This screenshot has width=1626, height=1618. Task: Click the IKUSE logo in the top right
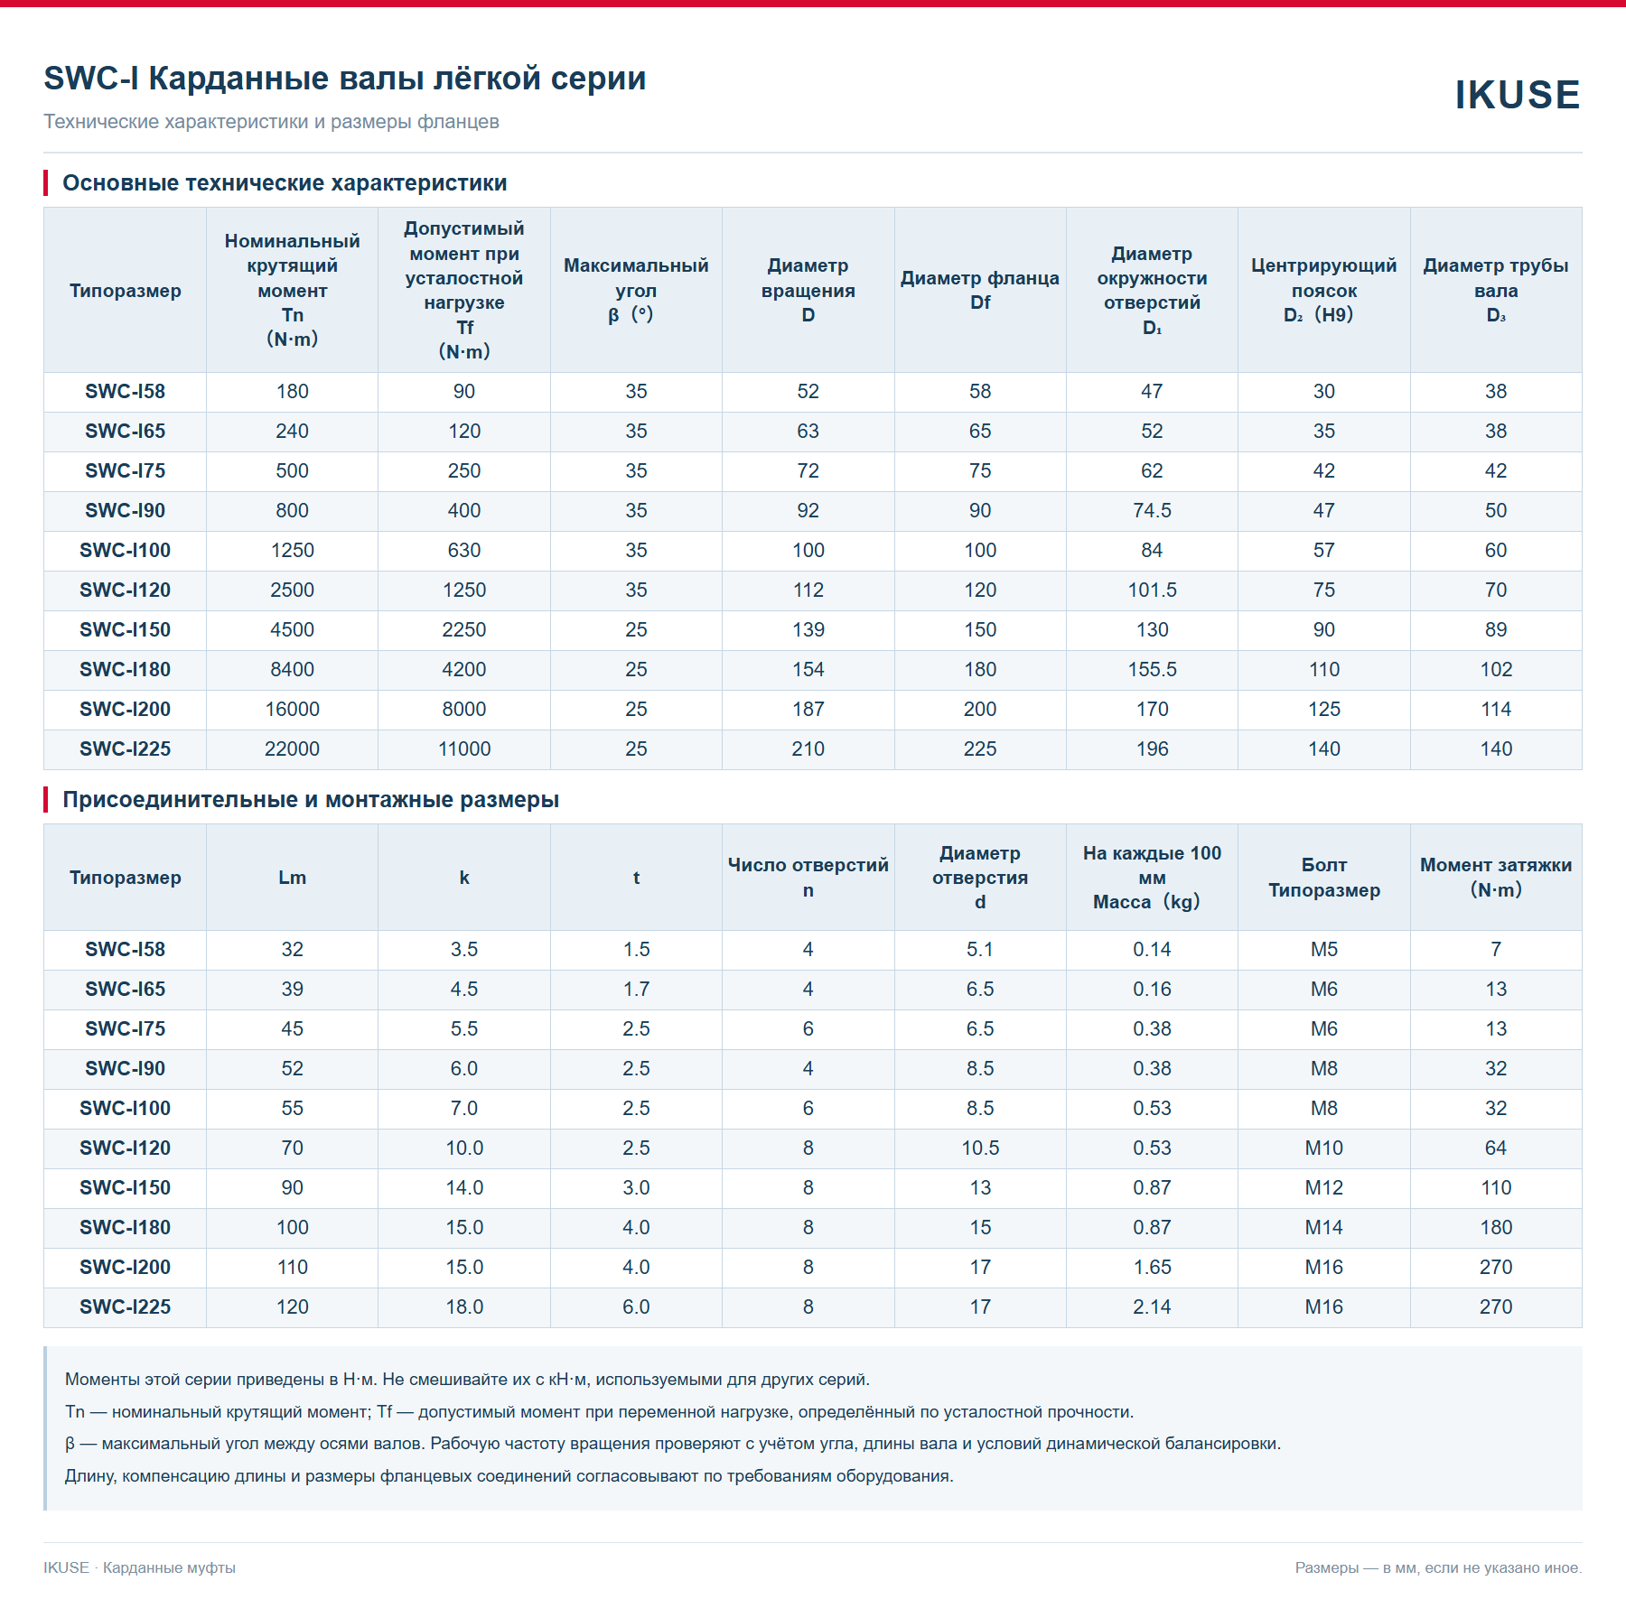[x=1517, y=95]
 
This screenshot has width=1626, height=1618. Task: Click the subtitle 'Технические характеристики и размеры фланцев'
[x=271, y=122]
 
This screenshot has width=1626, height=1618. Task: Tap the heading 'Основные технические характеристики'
[x=285, y=183]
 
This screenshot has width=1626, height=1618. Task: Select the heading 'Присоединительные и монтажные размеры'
[x=311, y=800]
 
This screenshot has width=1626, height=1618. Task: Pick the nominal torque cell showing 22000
[x=292, y=749]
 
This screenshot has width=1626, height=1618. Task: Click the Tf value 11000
[x=464, y=749]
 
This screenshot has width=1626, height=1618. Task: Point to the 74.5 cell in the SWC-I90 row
[x=1152, y=511]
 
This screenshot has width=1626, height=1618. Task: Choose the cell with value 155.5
[x=1152, y=670]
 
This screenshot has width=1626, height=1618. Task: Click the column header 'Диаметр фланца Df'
[x=980, y=291]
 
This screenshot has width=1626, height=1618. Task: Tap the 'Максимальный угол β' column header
[x=636, y=291]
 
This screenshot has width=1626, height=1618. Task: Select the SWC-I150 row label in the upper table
[x=125, y=630]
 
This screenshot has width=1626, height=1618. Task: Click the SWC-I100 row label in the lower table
[x=125, y=1109]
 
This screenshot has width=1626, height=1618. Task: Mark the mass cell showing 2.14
[x=1152, y=1307]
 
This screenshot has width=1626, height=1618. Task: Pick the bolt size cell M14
[x=1324, y=1228]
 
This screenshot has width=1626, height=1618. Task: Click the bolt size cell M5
[x=1324, y=950]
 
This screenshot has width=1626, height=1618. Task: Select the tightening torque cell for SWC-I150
[x=1496, y=1188]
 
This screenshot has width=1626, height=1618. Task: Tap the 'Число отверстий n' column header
[x=808, y=878]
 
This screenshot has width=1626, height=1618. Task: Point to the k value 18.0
[x=464, y=1307]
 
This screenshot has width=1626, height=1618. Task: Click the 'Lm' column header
[x=292, y=878]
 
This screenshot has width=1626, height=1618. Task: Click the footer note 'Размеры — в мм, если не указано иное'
[x=1438, y=1568]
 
